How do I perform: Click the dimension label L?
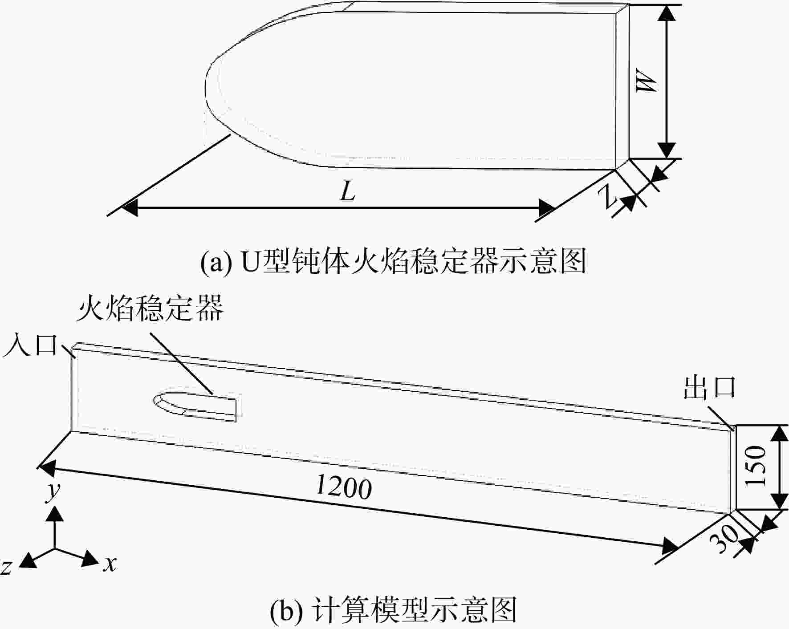tap(347, 192)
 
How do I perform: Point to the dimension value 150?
tap(756, 466)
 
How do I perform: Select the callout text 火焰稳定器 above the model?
tap(150, 308)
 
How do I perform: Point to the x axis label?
tap(110, 564)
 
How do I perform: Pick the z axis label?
tap(6, 567)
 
